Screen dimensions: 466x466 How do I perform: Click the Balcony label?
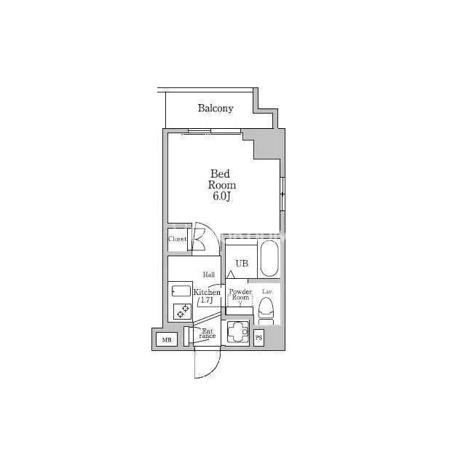pyautogui.click(x=216, y=108)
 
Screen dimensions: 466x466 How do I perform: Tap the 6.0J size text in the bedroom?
pyautogui.click(x=222, y=196)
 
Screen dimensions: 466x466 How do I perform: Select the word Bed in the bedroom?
pyautogui.click(x=220, y=173)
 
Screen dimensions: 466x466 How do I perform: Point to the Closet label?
pyautogui.click(x=178, y=239)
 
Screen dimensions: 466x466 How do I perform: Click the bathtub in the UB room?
pyautogui.click(x=270, y=258)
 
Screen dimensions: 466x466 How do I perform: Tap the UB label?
pyautogui.click(x=242, y=264)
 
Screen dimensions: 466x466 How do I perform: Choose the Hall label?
pyautogui.click(x=209, y=275)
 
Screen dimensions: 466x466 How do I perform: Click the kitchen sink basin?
pyautogui.click(x=181, y=291)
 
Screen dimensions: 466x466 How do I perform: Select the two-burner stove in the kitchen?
pyautogui.click(x=182, y=311)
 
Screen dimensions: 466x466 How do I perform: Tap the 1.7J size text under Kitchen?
pyautogui.click(x=207, y=300)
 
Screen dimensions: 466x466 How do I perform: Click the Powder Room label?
pyautogui.click(x=240, y=294)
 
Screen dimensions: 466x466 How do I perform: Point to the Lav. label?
pyautogui.click(x=267, y=291)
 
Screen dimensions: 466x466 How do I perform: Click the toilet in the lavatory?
pyautogui.click(x=266, y=312)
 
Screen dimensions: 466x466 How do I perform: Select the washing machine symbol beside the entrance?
pyautogui.click(x=238, y=332)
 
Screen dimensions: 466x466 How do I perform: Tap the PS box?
pyautogui.click(x=259, y=338)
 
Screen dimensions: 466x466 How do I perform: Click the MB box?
pyautogui.click(x=167, y=339)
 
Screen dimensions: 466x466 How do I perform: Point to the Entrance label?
pyautogui.click(x=207, y=333)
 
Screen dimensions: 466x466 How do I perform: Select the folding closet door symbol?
pyautogui.click(x=198, y=240)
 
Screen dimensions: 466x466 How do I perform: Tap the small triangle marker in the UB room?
pyautogui.click(x=231, y=275)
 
